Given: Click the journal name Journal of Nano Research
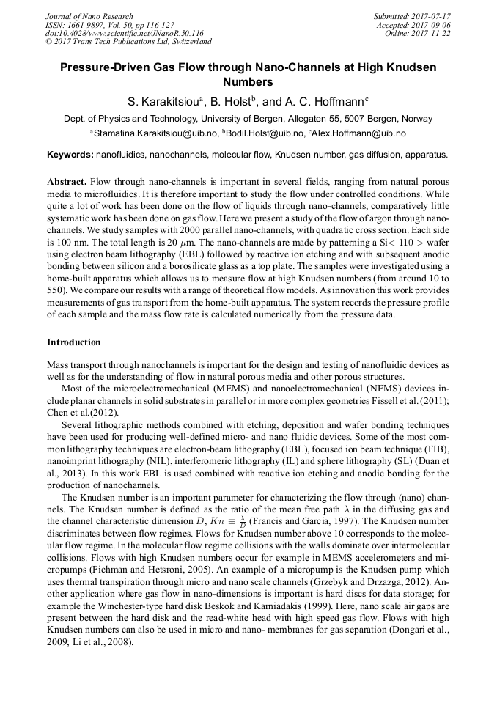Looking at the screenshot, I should point(89,16).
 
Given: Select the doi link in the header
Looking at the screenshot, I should point(124,33).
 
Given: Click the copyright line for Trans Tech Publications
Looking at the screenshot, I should point(128,42).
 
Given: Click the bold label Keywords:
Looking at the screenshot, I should point(70,155).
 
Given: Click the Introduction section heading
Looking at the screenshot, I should point(74,342).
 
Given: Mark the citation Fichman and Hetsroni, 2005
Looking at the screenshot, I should point(130,570).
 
